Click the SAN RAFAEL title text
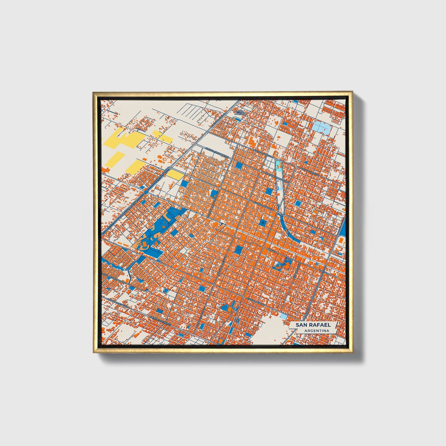[x=313, y=325]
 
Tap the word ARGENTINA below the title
[x=316, y=331]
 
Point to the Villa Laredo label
[x=240, y=112]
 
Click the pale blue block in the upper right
[x=321, y=126]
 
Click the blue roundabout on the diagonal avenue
[x=170, y=168]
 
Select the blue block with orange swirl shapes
[x=281, y=264]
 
